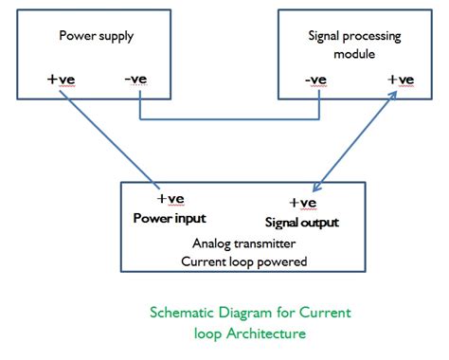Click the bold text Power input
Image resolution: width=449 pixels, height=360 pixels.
171,217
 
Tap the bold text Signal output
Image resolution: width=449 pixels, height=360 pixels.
302,222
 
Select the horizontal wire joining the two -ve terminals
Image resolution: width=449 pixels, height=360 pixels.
227,119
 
